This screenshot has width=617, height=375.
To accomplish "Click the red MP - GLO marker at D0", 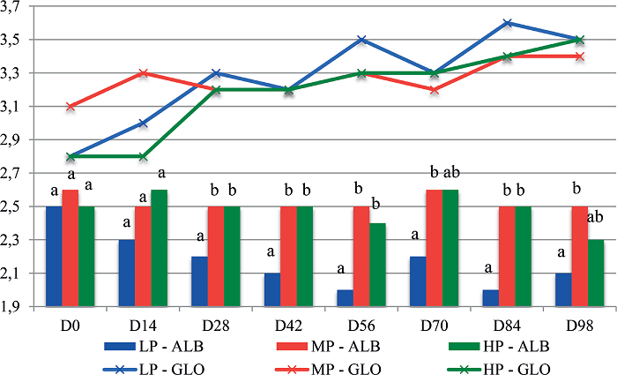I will coord(71,107).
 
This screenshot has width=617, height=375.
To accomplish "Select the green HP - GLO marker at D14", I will coord(144,156).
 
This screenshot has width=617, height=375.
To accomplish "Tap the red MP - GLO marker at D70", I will coord(435,90).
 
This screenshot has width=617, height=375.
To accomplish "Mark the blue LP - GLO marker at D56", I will coord(362,40).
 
